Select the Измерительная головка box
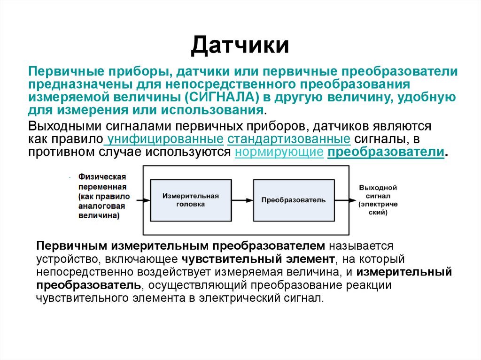pos(190,199)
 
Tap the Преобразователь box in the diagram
pos(293,199)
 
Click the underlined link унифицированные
pos(165,139)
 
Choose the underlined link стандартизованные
pos(289,139)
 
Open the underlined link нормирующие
pos(279,152)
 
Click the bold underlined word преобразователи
pos(386,152)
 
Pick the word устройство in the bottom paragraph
pos(64,259)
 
